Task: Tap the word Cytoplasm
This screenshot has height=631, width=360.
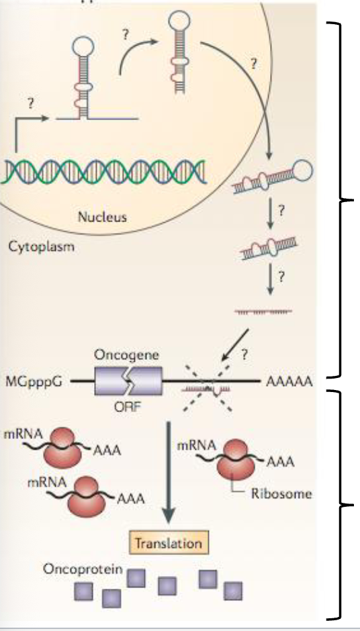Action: pos(41,246)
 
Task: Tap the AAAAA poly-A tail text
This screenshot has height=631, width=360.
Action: pos(289,383)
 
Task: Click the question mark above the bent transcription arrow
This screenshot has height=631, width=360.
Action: pos(30,104)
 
